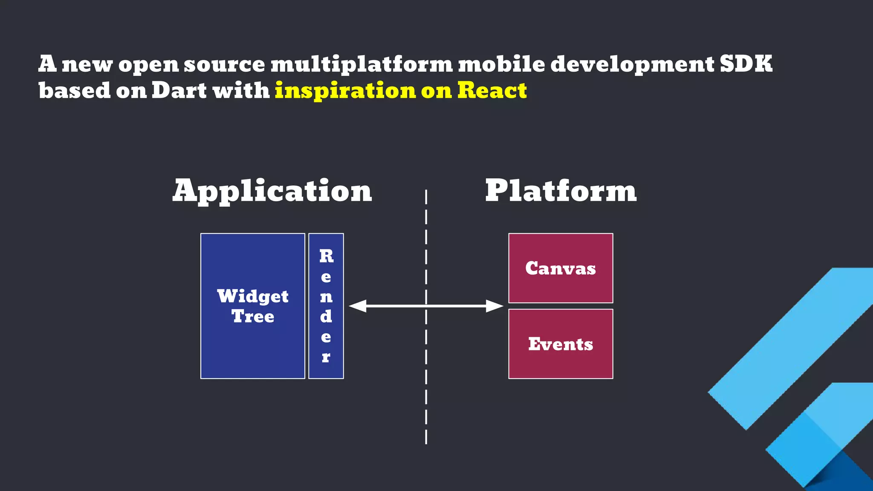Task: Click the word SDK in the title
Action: coord(746,64)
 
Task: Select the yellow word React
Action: coord(492,90)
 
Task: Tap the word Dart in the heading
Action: coord(179,90)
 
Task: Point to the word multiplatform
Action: coord(361,64)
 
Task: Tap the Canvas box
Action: coord(561,268)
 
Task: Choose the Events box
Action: coord(561,344)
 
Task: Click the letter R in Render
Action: coord(326,256)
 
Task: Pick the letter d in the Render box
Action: coord(326,316)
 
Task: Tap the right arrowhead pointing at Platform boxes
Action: coord(494,306)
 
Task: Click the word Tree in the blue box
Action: coord(253,316)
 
